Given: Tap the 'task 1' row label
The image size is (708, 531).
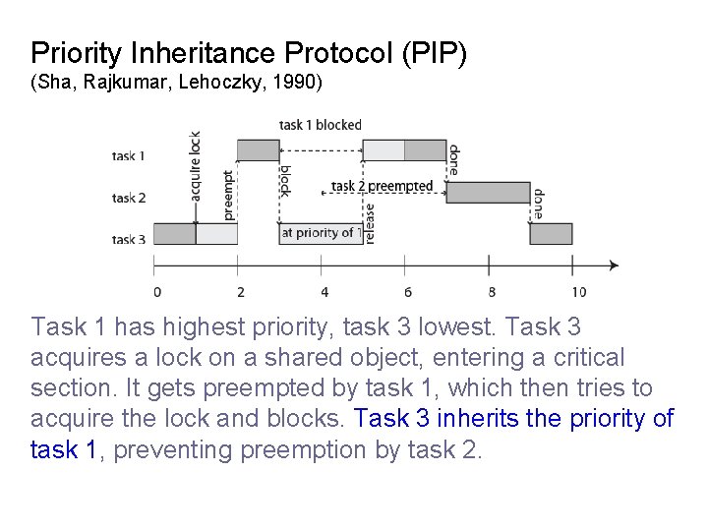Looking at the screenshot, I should coord(129,155).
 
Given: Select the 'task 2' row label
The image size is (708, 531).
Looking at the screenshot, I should coord(129,198).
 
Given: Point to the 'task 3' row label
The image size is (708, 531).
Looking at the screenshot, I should coord(129,239).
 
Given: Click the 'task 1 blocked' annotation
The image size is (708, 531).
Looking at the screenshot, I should coord(321,125).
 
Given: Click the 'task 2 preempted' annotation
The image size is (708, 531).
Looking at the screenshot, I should coord(382,186).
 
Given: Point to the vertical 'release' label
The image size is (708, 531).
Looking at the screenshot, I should coord(370,223).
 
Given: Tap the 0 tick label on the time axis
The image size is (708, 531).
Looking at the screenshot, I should coord(157,291).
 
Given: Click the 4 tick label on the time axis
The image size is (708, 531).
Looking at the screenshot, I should coord(324,291).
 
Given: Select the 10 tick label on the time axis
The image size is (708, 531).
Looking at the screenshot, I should coord(578,291).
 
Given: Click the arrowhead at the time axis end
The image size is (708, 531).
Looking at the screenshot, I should coord(614,265).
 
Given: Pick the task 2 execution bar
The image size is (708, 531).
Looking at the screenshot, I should coord(488,193).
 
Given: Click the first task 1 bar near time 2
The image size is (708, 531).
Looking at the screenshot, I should coord(258,150).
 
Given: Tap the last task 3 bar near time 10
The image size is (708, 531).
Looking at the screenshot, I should coord(552,234).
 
